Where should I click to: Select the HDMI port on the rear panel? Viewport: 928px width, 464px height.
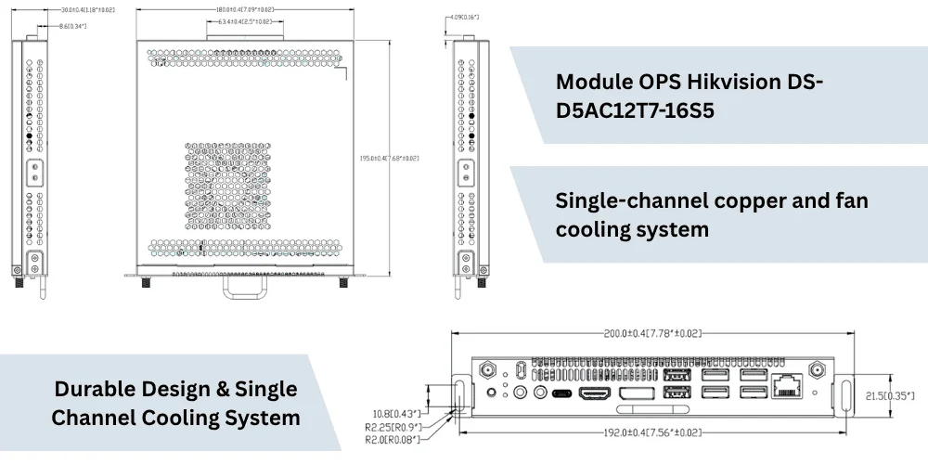[x=595, y=393]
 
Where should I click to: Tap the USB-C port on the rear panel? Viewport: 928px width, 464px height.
[x=562, y=393]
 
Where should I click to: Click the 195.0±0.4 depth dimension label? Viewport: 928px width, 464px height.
[x=389, y=159]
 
